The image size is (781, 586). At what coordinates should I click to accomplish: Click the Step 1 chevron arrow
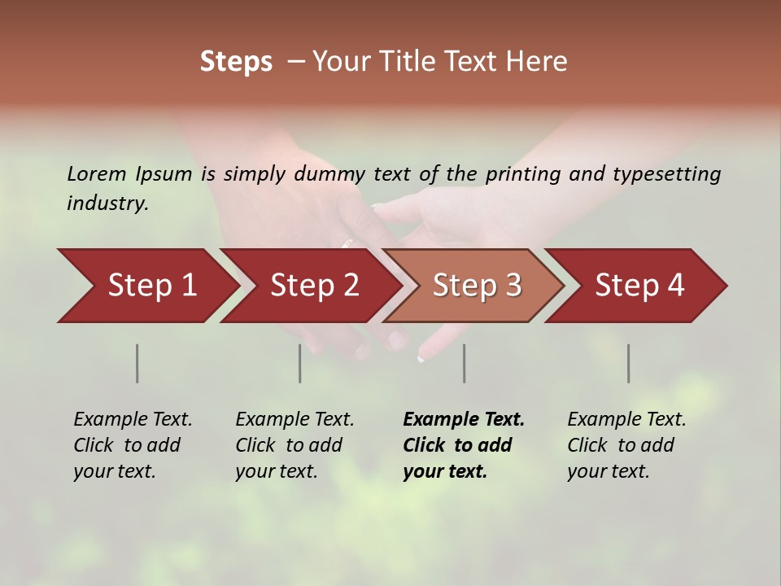pyautogui.click(x=146, y=286)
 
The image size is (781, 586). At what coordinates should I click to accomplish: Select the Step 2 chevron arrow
pyautogui.click(x=309, y=286)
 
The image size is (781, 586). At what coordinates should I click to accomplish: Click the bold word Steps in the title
pyautogui.click(x=236, y=62)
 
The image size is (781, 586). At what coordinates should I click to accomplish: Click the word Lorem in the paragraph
pyautogui.click(x=96, y=173)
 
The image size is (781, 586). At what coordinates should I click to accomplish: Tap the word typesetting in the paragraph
pyautogui.click(x=666, y=174)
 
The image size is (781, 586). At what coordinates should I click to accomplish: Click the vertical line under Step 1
pyautogui.click(x=137, y=363)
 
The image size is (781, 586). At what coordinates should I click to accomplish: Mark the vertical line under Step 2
pyautogui.click(x=300, y=363)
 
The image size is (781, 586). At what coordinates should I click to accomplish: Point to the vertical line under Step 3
pyautogui.click(x=464, y=363)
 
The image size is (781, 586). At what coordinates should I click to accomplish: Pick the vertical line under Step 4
pyautogui.click(x=628, y=363)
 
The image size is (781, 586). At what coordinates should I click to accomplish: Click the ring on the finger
pyautogui.click(x=348, y=242)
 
